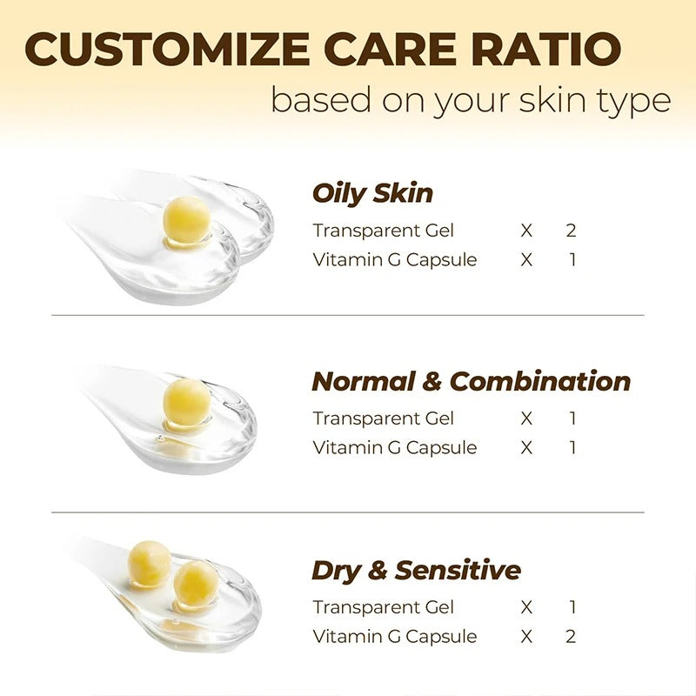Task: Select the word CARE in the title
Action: click(383, 50)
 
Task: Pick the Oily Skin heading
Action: click(372, 193)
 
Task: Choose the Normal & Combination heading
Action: click(471, 381)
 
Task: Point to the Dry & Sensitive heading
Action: click(416, 571)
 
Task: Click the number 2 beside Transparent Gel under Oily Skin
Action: click(571, 231)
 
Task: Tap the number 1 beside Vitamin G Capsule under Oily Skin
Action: click(572, 259)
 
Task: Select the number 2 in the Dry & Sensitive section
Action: click(571, 636)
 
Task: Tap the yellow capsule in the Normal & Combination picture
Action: click(186, 403)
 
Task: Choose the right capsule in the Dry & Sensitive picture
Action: click(196, 582)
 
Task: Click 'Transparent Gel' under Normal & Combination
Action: click(384, 418)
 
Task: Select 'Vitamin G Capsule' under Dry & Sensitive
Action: click(395, 636)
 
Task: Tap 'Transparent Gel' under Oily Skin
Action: click(384, 231)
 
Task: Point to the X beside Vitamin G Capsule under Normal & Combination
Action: click(526, 447)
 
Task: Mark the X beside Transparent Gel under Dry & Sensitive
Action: click(526, 607)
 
